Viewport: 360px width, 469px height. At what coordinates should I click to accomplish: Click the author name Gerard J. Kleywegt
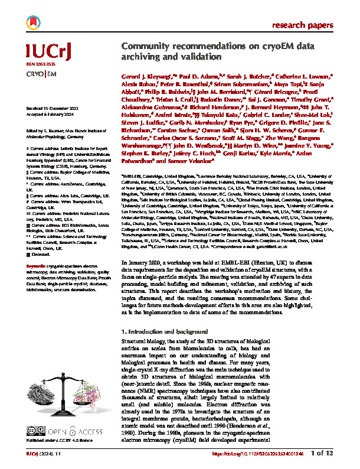[148, 77]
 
